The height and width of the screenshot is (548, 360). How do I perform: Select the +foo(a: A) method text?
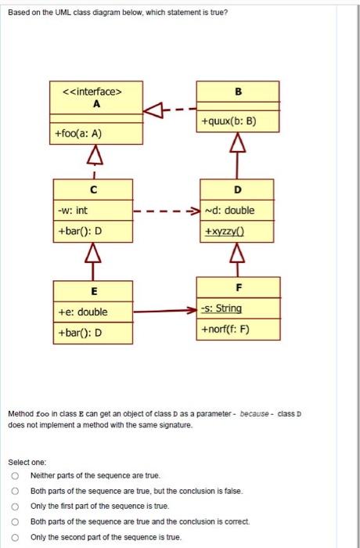click(x=78, y=134)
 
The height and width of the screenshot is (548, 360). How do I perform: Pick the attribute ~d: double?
click(x=228, y=210)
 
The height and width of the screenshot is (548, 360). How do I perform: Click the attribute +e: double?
click(x=81, y=312)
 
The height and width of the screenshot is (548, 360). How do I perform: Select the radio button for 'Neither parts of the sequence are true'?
click(x=14, y=475)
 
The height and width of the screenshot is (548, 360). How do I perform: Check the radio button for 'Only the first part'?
click(x=14, y=506)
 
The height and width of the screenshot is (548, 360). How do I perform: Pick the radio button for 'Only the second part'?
click(x=14, y=536)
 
